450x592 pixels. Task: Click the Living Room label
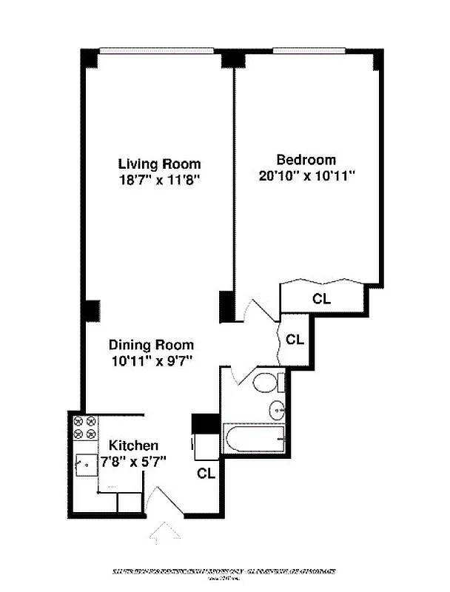(x=160, y=164)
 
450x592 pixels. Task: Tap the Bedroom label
(x=306, y=159)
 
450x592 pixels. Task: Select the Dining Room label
(x=151, y=345)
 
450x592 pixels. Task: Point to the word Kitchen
(x=134, y=445)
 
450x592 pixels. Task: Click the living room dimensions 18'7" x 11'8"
(x=160, y=179)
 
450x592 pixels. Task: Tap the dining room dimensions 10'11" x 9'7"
(x=151, y=361)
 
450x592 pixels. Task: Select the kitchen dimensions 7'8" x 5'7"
(x=134, y=461)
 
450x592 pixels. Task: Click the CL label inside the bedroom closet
(x=322, y=300)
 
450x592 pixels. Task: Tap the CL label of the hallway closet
(x=295, y=340)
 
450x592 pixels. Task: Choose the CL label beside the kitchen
(x=206, y=474)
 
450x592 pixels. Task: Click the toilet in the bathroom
(x=266, y=383)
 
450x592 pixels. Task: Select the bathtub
(x=255, y=440)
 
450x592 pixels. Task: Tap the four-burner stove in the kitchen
(x=83, y=428)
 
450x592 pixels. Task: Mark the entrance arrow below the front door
(x=165, y=531)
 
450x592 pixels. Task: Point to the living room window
(x=159, y=51)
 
